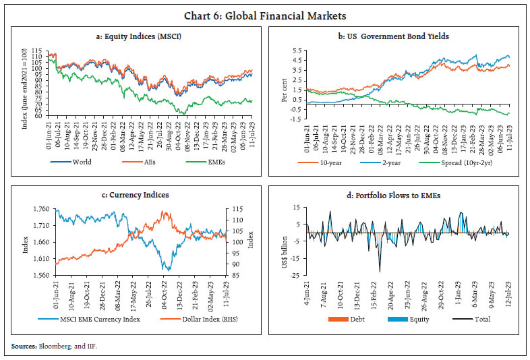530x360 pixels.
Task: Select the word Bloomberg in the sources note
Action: pos(55,347)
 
